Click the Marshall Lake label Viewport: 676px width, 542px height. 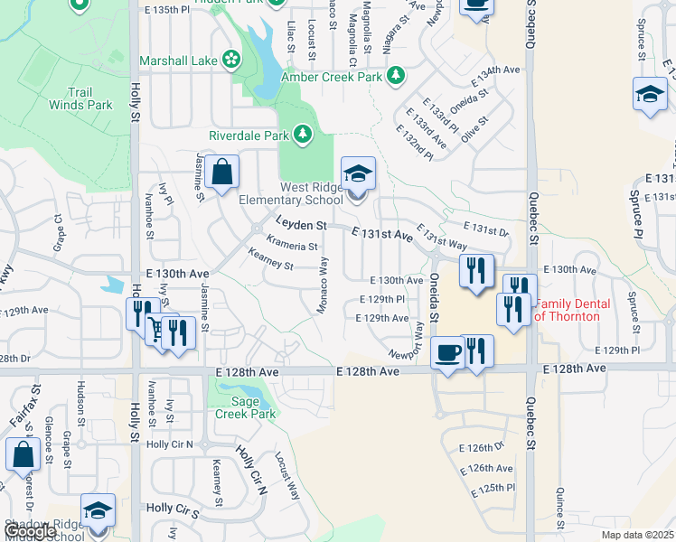click(178, 61)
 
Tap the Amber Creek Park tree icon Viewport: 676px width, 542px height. click(394, 75)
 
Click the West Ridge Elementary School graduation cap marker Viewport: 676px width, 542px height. click(358, 173)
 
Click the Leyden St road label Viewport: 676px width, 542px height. click(301, 223)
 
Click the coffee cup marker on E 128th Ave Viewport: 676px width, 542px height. click(447, 351)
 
